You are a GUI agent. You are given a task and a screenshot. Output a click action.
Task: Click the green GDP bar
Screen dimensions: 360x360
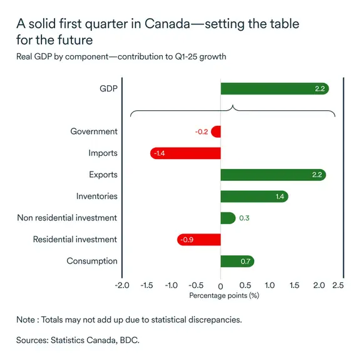point(274,89)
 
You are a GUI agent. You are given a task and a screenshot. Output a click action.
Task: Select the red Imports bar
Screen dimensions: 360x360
point(185,153)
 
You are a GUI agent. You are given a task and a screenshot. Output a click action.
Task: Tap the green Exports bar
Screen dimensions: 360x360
point(273,175)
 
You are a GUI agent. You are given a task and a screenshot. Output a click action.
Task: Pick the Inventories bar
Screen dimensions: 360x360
point(254,197)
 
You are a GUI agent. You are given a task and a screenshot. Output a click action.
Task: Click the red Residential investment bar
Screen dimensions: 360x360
point(198,240)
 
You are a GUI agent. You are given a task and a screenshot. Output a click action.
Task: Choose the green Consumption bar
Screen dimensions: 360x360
point(237,261)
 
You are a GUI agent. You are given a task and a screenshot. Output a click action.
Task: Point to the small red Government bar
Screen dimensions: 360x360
point(216,131)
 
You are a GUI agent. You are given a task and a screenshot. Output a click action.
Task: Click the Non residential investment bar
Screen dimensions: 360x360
point(227,218)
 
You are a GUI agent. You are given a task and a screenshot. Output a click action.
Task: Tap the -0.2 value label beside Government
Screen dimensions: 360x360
point(201,132)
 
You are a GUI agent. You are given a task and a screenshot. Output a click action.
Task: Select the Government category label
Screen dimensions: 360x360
point(93,131)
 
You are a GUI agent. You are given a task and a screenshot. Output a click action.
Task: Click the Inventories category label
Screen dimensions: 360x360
point(96,197)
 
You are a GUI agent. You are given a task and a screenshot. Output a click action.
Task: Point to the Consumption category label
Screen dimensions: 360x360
point(91,261)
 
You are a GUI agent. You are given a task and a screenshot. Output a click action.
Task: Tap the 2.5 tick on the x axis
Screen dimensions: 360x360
point(338,285)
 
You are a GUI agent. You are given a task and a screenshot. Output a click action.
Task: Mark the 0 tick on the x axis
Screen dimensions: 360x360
point(220,285)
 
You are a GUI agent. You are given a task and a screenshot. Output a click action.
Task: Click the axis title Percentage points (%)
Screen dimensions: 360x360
point(224,295)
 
